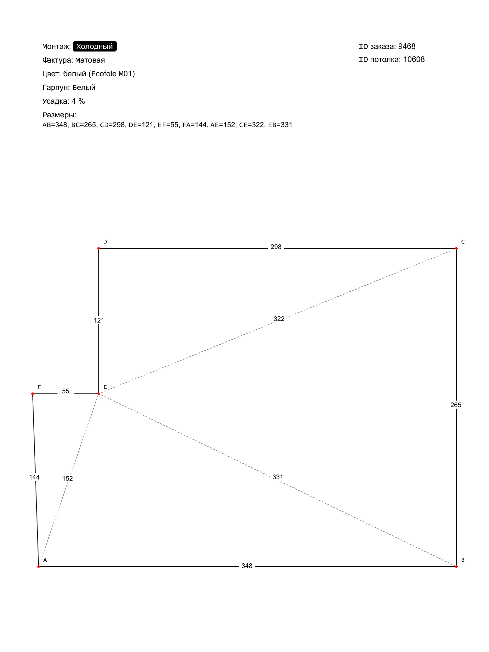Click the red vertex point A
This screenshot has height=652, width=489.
coord(38,567)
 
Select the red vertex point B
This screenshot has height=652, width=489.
coord(456,567)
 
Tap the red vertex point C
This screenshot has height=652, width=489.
coord(456,248)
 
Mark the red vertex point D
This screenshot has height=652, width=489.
coord(98,248)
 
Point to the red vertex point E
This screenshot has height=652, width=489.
coord(98,394)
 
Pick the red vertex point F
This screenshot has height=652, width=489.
coord(33,394)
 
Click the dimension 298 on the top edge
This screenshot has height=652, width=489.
coord(276,247)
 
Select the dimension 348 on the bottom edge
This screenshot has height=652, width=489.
coord(247,566)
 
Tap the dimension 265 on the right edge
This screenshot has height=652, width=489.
coord(456,405)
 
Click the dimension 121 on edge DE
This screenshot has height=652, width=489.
coord(99,320)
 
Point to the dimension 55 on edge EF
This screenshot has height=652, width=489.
coord(66,391)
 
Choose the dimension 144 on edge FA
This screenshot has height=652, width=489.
coord(34,477)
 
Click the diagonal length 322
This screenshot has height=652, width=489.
coord(279,319)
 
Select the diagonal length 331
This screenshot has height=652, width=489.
coord(278,477)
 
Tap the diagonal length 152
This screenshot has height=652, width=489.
coord(67,479)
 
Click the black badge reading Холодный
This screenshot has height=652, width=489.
coord(95,46)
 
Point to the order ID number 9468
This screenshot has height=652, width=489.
coord(407,46)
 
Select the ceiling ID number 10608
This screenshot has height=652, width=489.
coord(414,59)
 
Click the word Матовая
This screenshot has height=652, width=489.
coord(90,60)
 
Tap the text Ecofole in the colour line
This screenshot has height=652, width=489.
coord(104,74)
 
